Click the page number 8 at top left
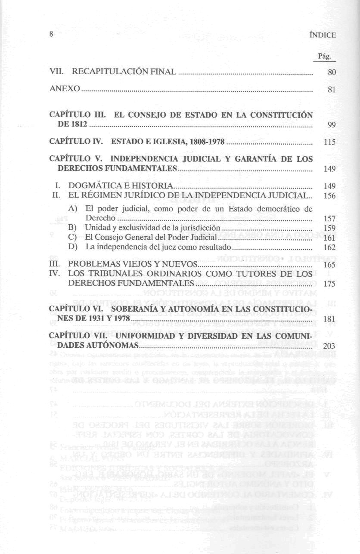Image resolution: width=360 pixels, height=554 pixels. pyautogui.click(x=51, y=35)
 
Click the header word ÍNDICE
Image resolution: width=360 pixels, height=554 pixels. pyautogui.click(x=323, y=36)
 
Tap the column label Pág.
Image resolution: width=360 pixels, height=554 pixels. pyautogui.click(x=324, y=56)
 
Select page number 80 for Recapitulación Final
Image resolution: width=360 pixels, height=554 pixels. pyautogui.click(x=331, y=73)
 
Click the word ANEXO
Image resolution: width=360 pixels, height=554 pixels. pyautogui.click(x=65, y=89)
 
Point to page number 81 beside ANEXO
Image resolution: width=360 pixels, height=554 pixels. pyautogui.click(x=331, y=90)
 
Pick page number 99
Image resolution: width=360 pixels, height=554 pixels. pyautogui.click(x=331, y=125)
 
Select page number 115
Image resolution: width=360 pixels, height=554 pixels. pyautogui.click(x=330, y=143)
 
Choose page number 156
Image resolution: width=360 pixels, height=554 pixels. pyautogui.click(x=329, y=196)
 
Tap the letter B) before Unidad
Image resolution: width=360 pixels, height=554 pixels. pyautogui.click(x=72, y=227)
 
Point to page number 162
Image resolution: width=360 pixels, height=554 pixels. pyautogui.click(x=329, y=248)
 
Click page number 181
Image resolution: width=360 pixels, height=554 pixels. pyautogui.click(x=329, y=319)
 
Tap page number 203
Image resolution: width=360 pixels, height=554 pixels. pyautogui.click(x=329, y=347)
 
